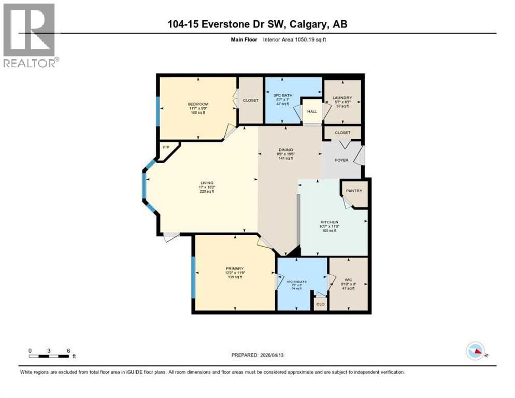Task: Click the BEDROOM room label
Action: (198, 104)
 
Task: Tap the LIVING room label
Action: (207, 182)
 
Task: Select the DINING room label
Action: (286, 150)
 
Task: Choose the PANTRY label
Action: (355, 191)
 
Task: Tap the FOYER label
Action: (341, 160)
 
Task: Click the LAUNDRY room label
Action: (342, 97)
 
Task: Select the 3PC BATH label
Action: (283, 95)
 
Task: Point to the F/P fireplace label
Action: (166, 148)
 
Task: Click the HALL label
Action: (312, 111)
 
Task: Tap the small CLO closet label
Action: (320, 304)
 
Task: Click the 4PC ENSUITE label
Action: (297, 281)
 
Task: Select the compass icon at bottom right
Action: (475, 351)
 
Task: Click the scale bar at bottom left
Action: (49, 356)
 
